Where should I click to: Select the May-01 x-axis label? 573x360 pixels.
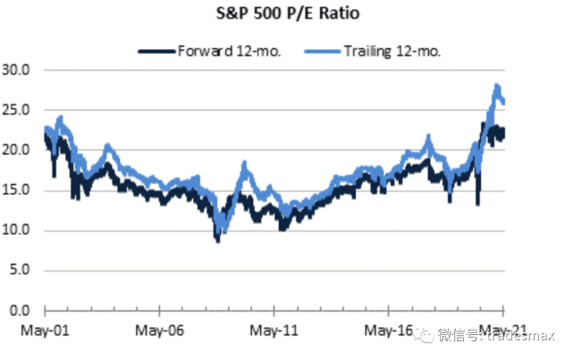(x=45, y=329)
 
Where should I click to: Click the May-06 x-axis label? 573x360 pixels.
(x=159, y=329)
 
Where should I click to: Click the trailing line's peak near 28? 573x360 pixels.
(x=496, y=86)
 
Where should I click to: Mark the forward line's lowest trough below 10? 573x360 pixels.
(x=216, y=239)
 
